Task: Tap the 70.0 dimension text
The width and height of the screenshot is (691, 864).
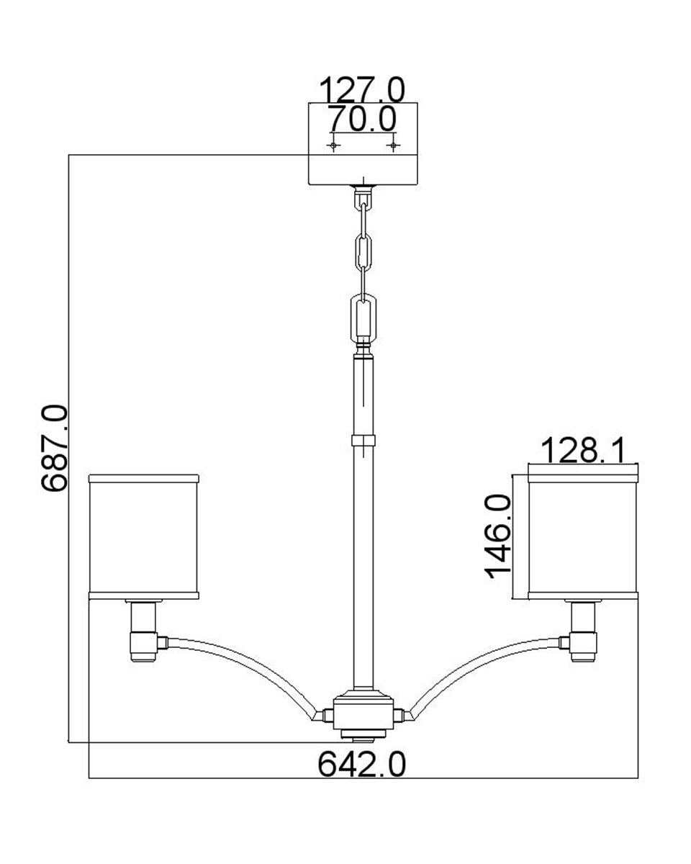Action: [361, 119]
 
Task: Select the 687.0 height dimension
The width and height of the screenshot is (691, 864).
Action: [54, 448]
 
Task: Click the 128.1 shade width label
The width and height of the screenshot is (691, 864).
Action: [583, 451]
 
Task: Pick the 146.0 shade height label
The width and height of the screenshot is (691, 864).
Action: [498, 537]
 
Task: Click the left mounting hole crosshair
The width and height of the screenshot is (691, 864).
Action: [333, 145]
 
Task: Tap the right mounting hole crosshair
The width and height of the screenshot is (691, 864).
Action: [393, 145]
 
